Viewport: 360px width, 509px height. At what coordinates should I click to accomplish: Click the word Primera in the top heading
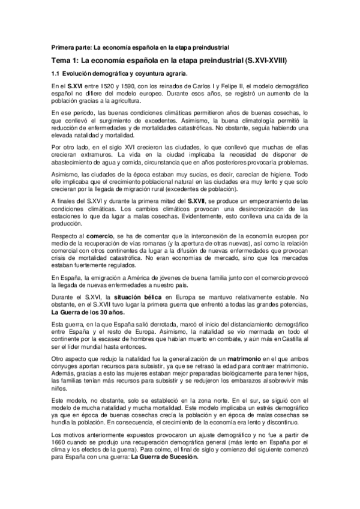[62, 46]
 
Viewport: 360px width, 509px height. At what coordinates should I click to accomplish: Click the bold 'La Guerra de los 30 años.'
[88, 313]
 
